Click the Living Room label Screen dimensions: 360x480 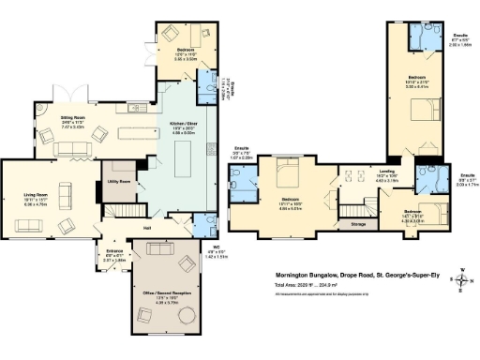pyautogui.click(x=37, y=195)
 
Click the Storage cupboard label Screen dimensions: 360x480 pyautogui.click(x=357, y=224)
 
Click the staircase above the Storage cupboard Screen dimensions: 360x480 pyautogui.click(x=356, y=210)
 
